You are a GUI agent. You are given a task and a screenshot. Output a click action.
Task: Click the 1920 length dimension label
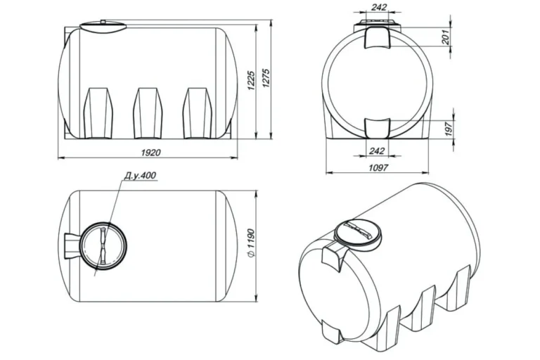point(151,153)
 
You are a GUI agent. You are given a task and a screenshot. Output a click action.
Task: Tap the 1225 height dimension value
point(251,81)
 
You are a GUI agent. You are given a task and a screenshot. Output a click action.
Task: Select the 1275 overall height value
point(267,79)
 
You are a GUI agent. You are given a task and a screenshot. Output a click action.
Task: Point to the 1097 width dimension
point(378,168)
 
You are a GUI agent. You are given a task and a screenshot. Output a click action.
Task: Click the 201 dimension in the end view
point(446,37)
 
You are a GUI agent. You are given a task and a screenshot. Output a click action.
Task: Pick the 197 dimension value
point(449,129)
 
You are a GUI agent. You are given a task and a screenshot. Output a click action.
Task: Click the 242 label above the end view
point(379,7)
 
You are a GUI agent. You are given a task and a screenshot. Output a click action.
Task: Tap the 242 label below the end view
point(377,151)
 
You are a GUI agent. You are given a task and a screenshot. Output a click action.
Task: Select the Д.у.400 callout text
point(140,176)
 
